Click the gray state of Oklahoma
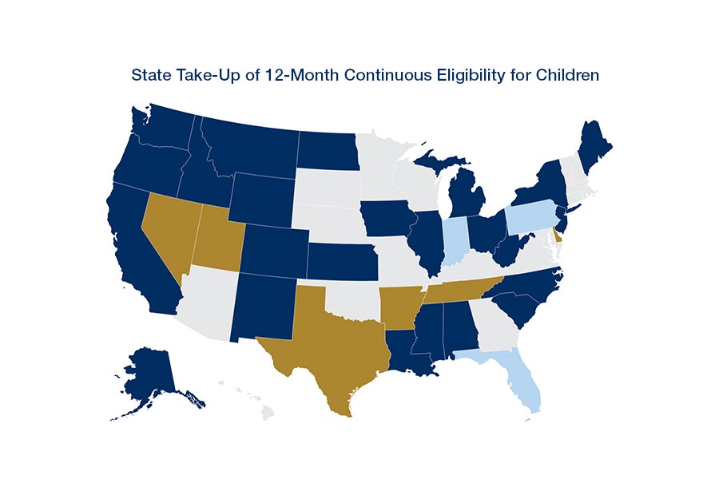[352, 299]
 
